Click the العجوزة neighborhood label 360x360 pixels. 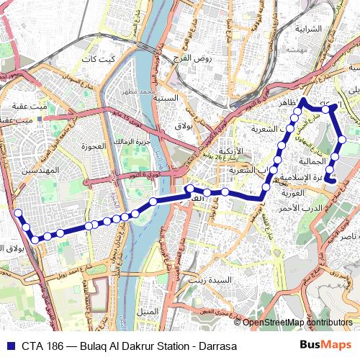click(94, 145)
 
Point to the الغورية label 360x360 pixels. click(294, 193)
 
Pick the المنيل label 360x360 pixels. click(148, 311)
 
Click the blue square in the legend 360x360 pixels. click(9, 345)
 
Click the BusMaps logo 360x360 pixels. click(324, 345)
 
